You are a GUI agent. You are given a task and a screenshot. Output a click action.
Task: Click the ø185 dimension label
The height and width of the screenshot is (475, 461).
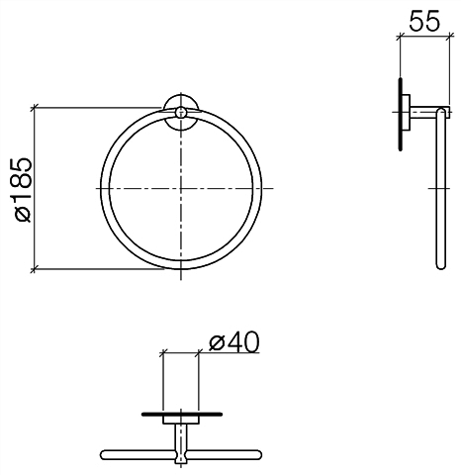pyautogui.click(x=23, y=189)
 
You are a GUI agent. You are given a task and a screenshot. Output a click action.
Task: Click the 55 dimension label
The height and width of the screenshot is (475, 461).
pyautogui.click(x=424, y=21)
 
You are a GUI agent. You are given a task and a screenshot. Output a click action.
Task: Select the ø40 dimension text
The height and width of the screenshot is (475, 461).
pyautogui.click(x=234, y=342)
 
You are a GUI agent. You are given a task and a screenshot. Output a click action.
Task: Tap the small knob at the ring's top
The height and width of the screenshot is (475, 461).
pyautogui.click(x=180, y=112)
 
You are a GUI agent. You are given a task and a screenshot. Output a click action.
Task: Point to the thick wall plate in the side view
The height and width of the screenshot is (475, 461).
pyautogui.click(x=401, y=114)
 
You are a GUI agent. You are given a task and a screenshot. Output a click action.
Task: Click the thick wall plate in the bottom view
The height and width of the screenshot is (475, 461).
pyautogui.click(x=182, y=415)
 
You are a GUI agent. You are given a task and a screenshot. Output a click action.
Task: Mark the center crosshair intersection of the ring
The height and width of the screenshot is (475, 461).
pyautogui.click(x=181, y=188)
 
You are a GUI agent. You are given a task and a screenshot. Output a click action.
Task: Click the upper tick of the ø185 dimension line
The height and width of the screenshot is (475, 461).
pyautogui.click(x=34, y=108)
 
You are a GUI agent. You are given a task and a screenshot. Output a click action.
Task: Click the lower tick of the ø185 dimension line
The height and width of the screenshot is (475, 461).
pyautogui.click(x=34, y=269)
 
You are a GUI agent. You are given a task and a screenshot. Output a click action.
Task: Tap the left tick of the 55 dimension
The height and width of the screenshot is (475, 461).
pyautogui.click(x=400, y=37)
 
